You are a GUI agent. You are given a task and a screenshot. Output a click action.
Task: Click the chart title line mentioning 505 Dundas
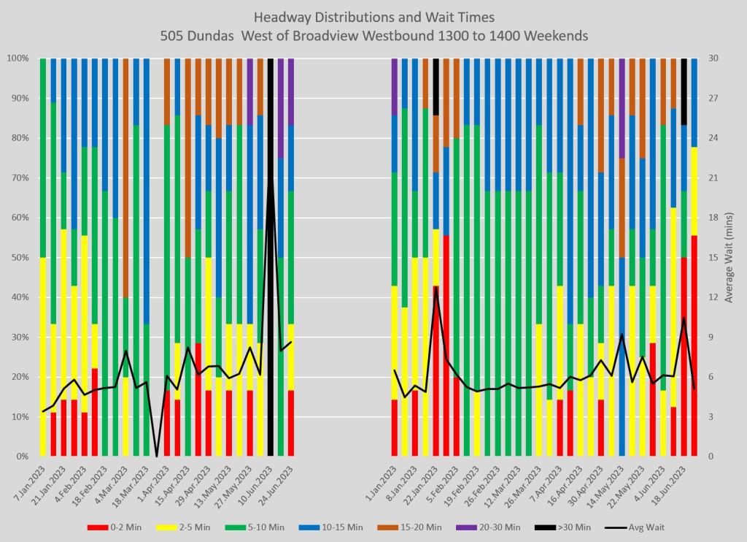(x=373, y=35)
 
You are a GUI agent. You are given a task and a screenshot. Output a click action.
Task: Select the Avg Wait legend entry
(x=643, y=527)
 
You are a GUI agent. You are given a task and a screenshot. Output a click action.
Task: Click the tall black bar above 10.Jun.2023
(x=271, y=256)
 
